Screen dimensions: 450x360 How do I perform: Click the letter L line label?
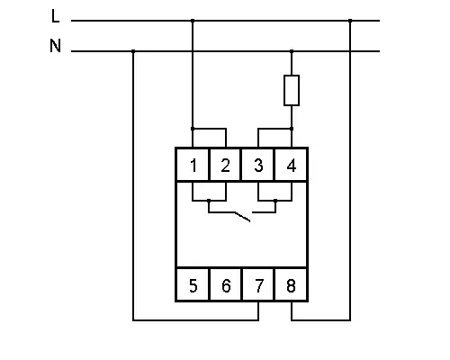55,16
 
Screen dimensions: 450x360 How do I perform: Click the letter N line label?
55,46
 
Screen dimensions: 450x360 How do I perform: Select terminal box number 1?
193,165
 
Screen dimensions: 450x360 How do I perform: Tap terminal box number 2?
225,165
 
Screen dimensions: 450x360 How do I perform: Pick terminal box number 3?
258,165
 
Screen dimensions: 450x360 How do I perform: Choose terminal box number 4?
291,165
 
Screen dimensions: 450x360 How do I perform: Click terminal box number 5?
193,284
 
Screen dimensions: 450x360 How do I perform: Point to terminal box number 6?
225,284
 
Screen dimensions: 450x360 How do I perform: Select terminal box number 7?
258,284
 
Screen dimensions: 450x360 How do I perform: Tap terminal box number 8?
291,284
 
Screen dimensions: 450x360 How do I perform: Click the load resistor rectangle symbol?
292,90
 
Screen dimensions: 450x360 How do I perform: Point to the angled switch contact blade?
242,217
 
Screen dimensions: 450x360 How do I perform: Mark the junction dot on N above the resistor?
292,51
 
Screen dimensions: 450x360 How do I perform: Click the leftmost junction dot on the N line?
133,51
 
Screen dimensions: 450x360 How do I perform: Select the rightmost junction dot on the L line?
350,21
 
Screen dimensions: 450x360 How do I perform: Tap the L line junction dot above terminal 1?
193,21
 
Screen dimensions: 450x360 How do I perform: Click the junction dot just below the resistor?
292,129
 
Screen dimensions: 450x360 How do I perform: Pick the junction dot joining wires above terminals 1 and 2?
193,129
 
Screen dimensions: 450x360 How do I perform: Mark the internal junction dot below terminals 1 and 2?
209,200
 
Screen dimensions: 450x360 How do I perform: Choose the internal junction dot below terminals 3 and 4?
275,200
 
